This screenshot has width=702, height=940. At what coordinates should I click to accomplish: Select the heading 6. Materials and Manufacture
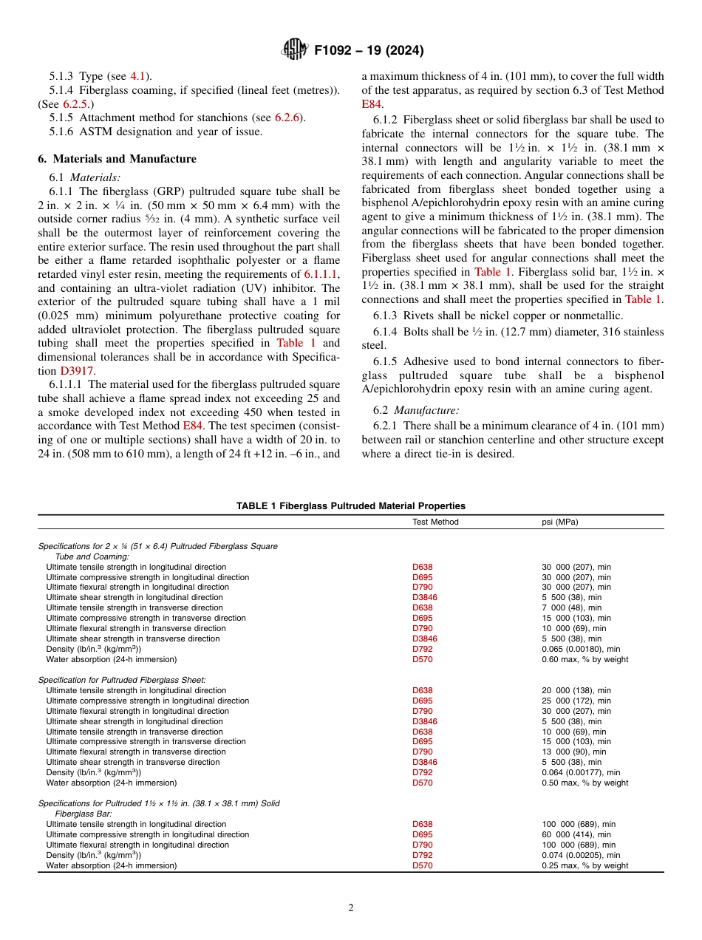point(117,159)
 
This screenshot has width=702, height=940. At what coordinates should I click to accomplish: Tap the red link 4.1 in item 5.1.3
point(138,76)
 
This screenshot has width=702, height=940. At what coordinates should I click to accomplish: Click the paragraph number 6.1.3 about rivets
point(386,315)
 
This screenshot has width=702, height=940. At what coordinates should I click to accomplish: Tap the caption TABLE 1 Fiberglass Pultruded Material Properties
point(350,506)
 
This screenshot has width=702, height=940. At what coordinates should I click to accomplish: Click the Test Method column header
point(435,522)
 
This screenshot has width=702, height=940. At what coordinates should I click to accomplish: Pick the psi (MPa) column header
point(560,522)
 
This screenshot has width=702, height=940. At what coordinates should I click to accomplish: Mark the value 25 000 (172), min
point(576,701)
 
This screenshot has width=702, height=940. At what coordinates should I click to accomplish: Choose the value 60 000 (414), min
point(576,834)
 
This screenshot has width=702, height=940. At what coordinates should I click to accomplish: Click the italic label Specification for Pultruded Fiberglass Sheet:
point(122,679)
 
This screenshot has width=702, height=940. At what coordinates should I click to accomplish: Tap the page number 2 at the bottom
point(351,908)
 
